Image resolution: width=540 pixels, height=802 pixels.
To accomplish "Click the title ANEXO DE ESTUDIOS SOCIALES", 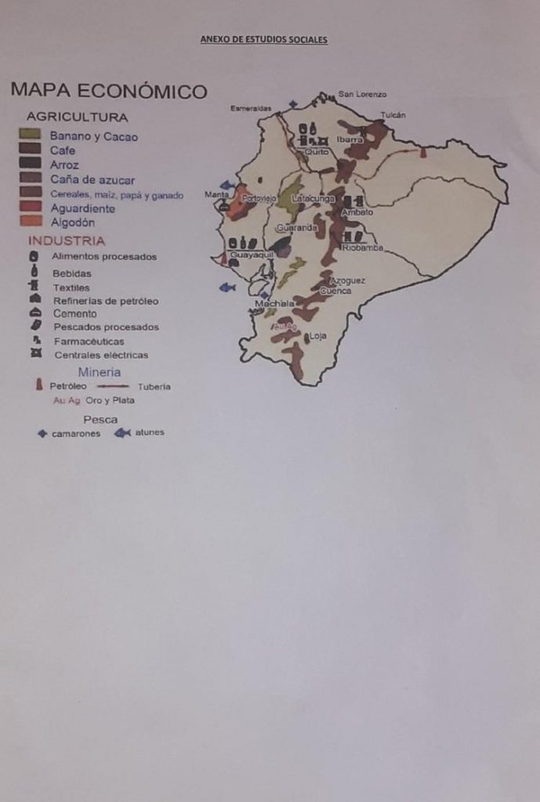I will point(263,40).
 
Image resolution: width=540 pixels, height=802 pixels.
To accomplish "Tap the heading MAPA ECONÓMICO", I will point(109,91).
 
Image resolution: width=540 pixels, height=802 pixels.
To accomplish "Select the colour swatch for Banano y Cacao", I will point(30,135).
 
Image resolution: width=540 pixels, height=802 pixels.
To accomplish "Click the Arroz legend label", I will point(64,165).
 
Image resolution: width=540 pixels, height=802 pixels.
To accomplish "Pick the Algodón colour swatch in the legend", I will point(30,222).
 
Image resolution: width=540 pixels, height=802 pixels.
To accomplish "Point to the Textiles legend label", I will point(71,287).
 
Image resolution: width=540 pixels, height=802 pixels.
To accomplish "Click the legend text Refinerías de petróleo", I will point(106,301).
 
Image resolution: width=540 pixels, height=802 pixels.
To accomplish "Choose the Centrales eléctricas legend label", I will point(101,355).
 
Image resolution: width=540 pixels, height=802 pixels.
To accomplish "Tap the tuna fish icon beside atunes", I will point(122,432).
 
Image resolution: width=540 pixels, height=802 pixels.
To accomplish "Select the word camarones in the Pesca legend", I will point(76,434).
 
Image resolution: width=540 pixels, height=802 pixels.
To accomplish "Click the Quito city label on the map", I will point(317,151).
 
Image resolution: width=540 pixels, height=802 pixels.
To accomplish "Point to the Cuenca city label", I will point(335,291).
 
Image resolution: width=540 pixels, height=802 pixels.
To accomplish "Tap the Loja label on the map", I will point(317,336).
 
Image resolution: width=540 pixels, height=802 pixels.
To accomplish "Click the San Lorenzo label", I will point(362,94).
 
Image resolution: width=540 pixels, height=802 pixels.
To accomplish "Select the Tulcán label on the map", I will point(393,115).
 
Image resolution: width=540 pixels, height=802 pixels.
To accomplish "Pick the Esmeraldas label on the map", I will point(251,108).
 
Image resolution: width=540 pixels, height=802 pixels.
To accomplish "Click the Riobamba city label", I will point(363,247).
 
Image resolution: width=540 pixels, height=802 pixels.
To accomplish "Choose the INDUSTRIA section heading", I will point(67,240).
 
